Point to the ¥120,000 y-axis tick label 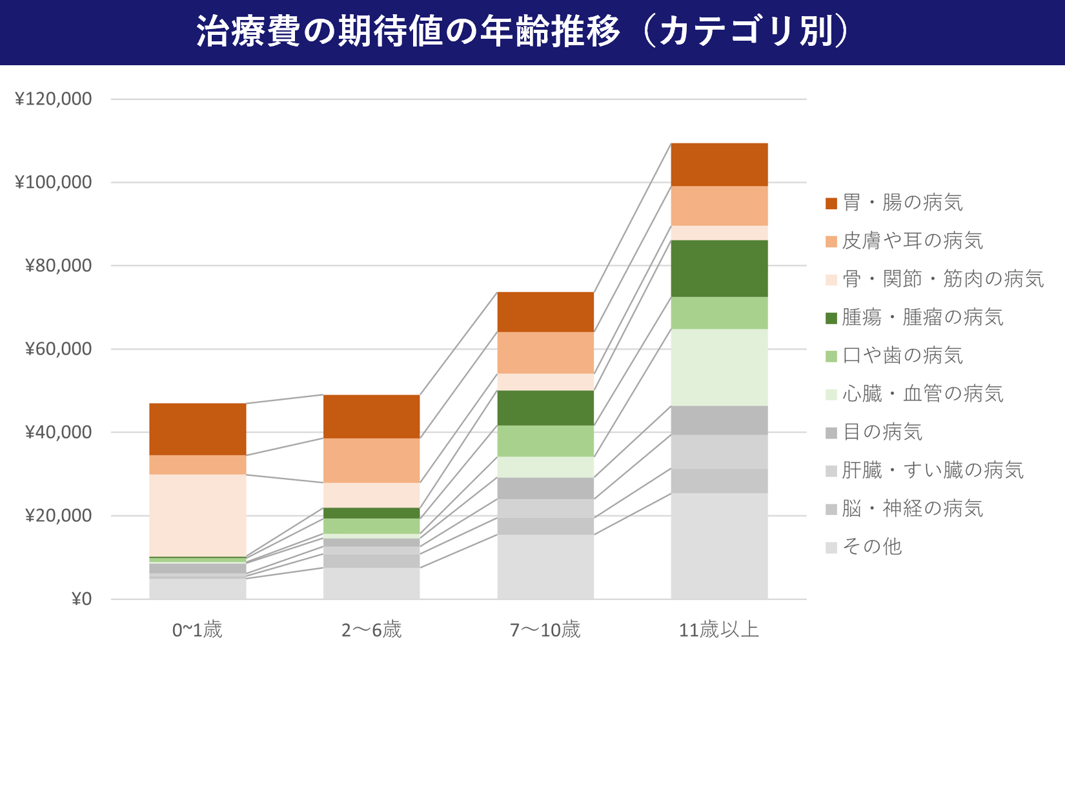pos(54,99)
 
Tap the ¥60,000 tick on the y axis pos(58,349)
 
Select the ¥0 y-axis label pos(81,599)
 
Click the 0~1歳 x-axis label pos(197,630)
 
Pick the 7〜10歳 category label pos(545,630)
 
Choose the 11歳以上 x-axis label pos(718,630)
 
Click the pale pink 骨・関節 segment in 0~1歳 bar pos(198,515)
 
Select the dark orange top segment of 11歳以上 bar pos(719,165)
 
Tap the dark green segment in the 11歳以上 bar pos(719,268)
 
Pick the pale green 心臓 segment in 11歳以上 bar pos(719,367)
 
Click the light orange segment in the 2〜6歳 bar pos(371,460)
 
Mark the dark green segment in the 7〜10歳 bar pos(545,408)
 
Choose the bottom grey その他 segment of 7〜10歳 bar pos(545,566)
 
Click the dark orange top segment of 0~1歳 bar pos(198,429)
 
